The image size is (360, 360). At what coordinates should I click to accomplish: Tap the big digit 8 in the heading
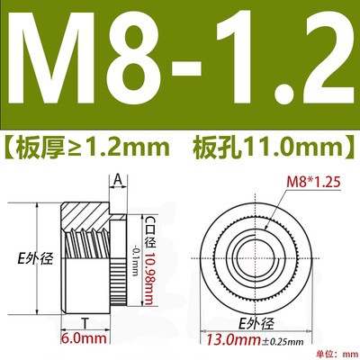click(x=137, y=58)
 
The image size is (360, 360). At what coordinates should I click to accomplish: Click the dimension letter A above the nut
click(x=119, y=180)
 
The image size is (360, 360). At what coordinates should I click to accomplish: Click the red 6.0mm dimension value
click(x=84, y=338)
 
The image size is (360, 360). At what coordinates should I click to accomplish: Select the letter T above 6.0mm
click(x=85, y=323)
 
